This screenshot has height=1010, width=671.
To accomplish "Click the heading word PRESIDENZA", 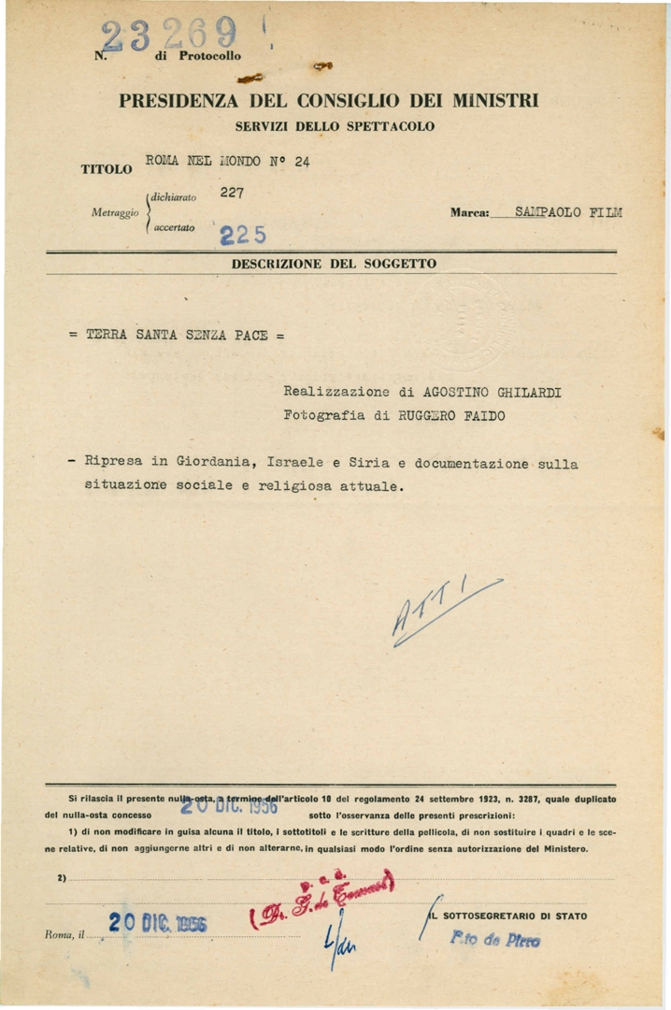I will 177,101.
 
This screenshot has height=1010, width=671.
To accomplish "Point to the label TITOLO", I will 106,170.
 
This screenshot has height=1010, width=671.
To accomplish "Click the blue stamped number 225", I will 239,234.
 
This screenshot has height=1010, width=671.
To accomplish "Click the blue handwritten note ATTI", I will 439,609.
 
